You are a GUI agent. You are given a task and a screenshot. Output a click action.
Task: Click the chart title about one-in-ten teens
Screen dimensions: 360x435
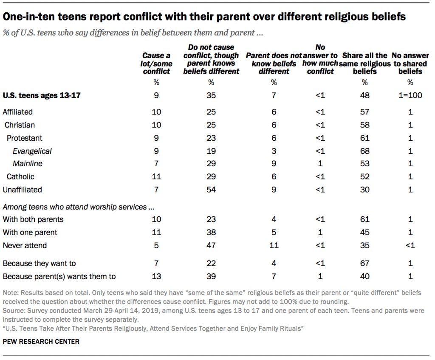click(204, 17)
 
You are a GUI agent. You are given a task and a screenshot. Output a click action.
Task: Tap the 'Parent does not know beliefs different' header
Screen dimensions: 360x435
click(274, 64)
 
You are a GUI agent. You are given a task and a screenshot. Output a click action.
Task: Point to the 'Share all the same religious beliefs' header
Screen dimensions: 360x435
click(364, 64)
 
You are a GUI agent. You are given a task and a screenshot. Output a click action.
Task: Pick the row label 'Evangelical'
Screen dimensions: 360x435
click(32, 151)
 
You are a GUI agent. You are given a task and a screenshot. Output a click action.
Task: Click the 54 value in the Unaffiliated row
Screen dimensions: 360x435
click(211, 190)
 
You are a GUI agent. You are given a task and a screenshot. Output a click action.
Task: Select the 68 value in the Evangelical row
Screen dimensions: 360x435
click(364, 151)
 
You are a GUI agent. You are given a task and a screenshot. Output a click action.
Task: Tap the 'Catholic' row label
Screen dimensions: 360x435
click(20, 176)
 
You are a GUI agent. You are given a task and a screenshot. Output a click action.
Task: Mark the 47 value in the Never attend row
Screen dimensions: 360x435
click(211, 245)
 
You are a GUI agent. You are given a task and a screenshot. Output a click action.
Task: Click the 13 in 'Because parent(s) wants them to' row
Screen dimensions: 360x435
click(156, 277)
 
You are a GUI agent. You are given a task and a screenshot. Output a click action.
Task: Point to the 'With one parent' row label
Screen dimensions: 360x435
click(30, 232)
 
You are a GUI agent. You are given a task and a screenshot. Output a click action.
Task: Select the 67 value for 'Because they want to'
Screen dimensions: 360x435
click(364, 264)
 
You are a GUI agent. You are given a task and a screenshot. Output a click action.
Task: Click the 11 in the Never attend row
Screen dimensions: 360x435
click(274, 245)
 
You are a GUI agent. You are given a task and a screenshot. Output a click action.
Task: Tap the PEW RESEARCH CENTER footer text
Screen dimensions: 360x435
click(41, 341)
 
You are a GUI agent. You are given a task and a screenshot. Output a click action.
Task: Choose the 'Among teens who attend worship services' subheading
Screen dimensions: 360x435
click(78, 207)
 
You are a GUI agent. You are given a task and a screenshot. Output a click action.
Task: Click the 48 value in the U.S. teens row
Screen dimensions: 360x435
click(364, 96)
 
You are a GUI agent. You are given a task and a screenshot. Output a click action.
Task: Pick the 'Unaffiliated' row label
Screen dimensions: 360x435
click(22, 190)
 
